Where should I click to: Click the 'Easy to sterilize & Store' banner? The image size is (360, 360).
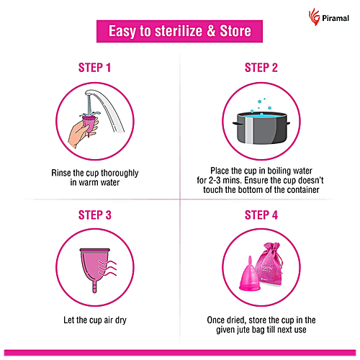[179, 32]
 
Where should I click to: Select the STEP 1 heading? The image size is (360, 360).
[94, 68]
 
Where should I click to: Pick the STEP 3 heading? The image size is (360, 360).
[94, 215]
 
